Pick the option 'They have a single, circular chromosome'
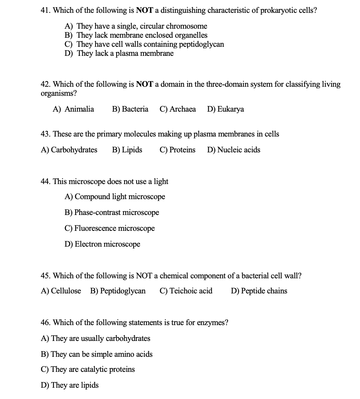(136, 26)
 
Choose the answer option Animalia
(74, 109)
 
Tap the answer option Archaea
(178, 109)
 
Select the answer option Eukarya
(225, 109)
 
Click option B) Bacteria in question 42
(130, 109)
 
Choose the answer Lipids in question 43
(127, 150)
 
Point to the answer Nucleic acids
(234, 150)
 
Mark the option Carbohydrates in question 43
(69, 150)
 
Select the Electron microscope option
(102, 244)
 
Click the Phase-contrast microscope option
(112, 212)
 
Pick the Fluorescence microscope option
(109, 228)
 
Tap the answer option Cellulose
(61, 291)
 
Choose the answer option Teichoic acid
(186, 291)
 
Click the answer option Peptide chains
(259, 291)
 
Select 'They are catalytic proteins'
(88, 369)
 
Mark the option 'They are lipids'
(69, 385)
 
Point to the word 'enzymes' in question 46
(212, 322)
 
